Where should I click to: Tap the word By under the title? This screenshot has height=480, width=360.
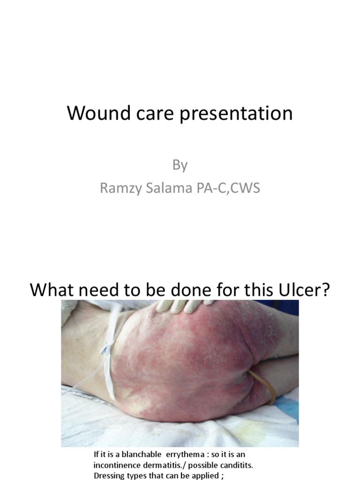180,165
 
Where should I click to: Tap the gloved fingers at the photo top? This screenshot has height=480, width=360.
185,306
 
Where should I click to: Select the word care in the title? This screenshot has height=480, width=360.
159,114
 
